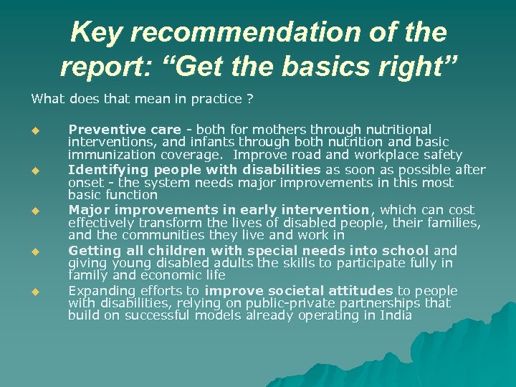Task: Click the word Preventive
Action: (97, 130)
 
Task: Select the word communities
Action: (159, 234)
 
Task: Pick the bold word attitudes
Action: (350, 290)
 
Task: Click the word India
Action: (396, 315)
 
